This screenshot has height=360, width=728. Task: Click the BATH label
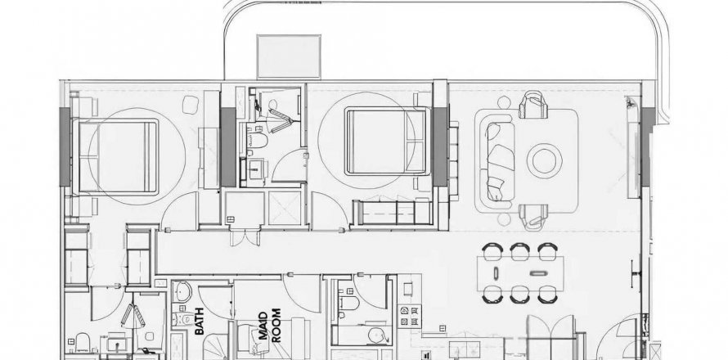pos(200,321)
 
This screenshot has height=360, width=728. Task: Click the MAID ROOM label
pos(269,326)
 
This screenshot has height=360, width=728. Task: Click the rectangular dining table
pos(520,273)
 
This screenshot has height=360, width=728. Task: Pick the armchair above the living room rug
pos(533,105)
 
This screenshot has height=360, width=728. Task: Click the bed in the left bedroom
pos(119,155)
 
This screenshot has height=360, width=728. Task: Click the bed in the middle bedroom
pos(385,141)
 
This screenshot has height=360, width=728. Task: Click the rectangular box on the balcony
pos(289,56)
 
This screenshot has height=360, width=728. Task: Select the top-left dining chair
pos(492,251)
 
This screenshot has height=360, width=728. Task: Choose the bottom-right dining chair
pos(548,295)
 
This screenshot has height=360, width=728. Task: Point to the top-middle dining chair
pos(520,251)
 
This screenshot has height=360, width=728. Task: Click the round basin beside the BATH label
pos(182,292)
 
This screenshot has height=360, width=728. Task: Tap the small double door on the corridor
pos(245,237)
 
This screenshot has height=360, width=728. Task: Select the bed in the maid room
pos(260,337)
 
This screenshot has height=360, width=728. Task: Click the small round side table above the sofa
pos(504,102)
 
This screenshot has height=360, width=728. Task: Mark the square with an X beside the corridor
pos(284,208)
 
